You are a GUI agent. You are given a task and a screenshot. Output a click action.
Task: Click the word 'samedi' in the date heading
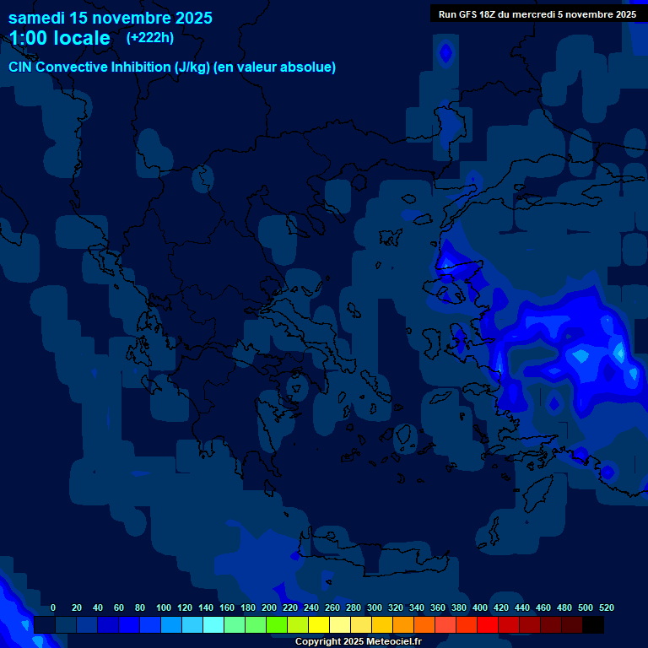click(x=36, y=18)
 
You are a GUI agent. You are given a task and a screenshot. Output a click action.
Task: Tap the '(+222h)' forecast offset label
click(x=150, y=37)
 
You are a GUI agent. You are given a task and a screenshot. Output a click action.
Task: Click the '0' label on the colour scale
click(x=53, y=607)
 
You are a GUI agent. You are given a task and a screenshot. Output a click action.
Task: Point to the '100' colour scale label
click(x=164, y=607)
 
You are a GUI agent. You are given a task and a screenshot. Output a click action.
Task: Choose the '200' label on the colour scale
click(x=269, y=607)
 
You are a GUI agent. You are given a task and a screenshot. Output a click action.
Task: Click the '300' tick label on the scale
click(x=375, y=607)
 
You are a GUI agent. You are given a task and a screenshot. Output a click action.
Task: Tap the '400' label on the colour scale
click(x=480, y=607)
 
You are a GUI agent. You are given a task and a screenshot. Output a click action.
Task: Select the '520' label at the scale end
click(x=607, y=607)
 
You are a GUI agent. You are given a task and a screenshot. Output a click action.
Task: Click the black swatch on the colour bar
click(x=593, y=624)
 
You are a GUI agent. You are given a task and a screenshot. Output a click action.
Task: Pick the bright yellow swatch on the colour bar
click(x=319, y=624)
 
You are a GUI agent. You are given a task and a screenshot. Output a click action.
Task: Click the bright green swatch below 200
click(x=277, y=624)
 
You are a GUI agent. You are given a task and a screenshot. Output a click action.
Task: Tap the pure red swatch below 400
click(x=488, y=624)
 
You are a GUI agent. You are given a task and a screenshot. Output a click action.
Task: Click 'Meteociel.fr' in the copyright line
click(x=394, y=642)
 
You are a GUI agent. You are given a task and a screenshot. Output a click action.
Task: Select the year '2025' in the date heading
click(x=192, y=18)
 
